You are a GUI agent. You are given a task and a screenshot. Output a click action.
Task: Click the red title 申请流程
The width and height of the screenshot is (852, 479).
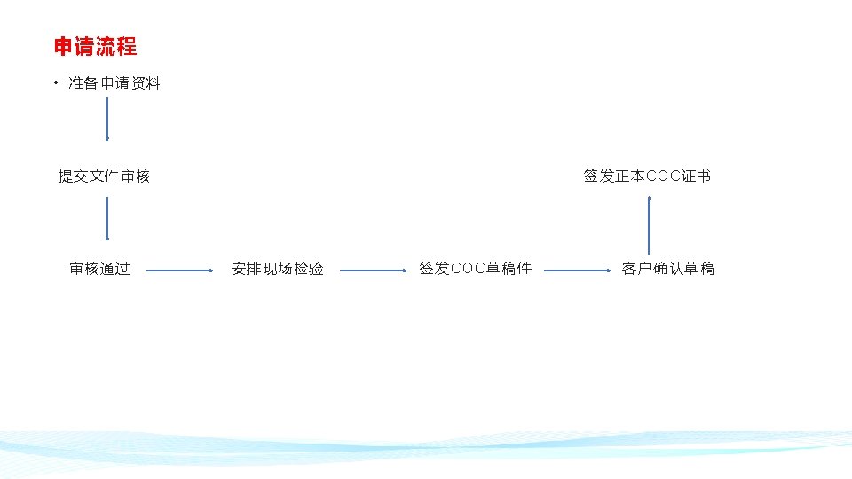tap(95, 46)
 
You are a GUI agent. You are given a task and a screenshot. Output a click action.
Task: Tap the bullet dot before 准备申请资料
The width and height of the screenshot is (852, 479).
tap(55, 83)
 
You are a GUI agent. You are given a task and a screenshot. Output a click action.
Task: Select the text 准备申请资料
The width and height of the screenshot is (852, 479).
tap(114, 83)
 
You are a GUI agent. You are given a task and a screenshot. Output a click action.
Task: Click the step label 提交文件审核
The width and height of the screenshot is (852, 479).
tap(104, 177)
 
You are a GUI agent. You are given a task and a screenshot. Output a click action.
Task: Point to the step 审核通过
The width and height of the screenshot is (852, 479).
tap(100, 269)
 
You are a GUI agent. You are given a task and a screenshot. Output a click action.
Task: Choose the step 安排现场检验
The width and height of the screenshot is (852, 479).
tap(277, 269)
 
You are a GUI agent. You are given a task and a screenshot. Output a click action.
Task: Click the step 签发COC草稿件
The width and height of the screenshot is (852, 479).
tap(475, 269)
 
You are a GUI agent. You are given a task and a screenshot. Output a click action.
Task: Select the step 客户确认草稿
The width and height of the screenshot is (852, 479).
tap(667, 269)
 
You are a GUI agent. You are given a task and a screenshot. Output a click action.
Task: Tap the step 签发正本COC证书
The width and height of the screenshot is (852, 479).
tap(646, 177)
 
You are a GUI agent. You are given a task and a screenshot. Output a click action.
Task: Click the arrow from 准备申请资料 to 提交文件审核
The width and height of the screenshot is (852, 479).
tap(107, 119)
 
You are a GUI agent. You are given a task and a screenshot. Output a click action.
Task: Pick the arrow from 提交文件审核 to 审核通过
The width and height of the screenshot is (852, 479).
tap(107, 218)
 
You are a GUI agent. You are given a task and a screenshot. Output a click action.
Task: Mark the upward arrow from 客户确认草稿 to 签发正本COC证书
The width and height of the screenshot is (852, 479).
tap(649, 225)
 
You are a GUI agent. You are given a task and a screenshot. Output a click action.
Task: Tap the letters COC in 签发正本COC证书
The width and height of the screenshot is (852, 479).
tap(664, 177)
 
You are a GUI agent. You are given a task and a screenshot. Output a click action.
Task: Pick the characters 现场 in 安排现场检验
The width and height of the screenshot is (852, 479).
tap(277, 269)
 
